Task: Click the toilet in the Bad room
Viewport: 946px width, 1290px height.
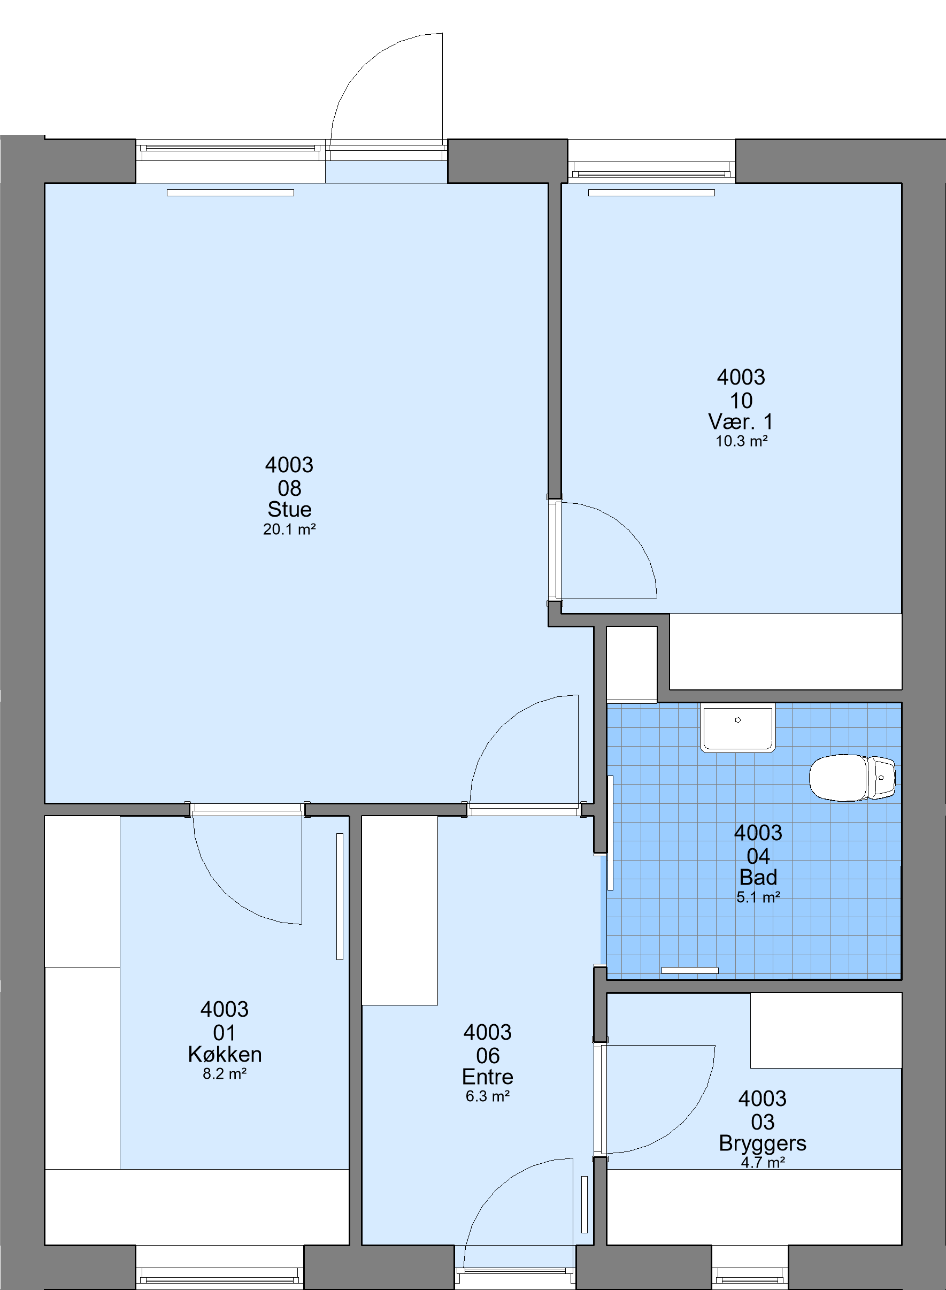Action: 852,778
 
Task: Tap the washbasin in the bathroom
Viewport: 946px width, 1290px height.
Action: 737,728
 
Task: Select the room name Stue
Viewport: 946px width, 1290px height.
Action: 289,509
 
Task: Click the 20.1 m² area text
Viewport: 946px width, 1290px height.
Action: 289,529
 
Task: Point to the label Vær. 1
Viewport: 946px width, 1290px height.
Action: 741,422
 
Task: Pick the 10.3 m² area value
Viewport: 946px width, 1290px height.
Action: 741,441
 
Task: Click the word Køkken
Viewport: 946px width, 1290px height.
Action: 225,1054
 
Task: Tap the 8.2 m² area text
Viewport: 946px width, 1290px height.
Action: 225,1073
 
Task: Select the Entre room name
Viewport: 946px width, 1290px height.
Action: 487,1077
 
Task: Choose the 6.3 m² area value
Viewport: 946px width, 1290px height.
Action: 487,1096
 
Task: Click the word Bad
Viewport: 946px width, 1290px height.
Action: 758,877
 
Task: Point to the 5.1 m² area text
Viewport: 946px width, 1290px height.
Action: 758,897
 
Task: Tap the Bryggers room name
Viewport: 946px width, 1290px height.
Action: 762,1143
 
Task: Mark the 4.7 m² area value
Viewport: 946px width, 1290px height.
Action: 762,1162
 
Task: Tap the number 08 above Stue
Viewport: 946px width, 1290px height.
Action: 289,488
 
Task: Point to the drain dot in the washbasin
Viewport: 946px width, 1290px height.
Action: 737,720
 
